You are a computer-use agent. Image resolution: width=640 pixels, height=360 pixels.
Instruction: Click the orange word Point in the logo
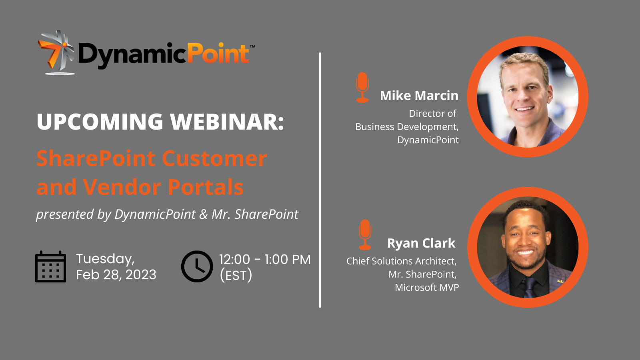click(218, 54)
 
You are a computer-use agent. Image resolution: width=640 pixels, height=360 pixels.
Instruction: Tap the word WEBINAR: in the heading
click(227, 122)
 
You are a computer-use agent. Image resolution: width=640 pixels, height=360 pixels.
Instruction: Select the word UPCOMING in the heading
click(100, 122)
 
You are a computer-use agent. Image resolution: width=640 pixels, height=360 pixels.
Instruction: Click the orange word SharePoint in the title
click(96, 158)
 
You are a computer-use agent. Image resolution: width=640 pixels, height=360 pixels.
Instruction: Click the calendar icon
click(50, 266)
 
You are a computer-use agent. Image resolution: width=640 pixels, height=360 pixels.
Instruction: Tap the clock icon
click(197, 266)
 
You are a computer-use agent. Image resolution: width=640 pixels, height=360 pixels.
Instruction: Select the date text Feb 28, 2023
click(116, 274)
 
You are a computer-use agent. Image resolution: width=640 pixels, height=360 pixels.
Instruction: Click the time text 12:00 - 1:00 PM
click(265, 260)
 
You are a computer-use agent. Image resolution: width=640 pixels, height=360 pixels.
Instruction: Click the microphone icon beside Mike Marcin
click(362, 88)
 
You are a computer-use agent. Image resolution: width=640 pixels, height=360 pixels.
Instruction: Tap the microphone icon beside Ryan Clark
click(365, 235)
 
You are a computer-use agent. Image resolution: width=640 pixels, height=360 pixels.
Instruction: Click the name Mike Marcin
click(419, 96)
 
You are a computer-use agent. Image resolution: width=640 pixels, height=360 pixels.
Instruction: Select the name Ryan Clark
click(421, 243)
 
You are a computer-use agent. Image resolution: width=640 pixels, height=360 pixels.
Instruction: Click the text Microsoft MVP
click(427, 288)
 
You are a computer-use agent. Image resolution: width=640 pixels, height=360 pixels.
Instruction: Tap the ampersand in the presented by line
click(204, 214)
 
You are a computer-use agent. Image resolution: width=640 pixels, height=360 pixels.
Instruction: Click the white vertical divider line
click(320, 180)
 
